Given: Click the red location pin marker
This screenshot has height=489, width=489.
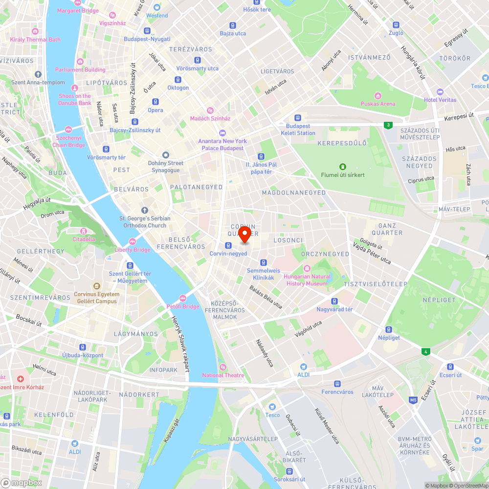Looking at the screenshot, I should pyautogui.click(x=244, y=233).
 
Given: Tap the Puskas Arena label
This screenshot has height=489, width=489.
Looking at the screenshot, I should pyautogui.click(x=378, y=104).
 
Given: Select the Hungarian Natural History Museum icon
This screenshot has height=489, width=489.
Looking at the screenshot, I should pyautogui.click(x=307, y=268).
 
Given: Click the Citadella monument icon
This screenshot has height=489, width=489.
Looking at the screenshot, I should pyautogui.click(x=84, y=231).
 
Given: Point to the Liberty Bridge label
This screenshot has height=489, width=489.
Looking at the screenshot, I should pyautogui.click(x=133, y=250).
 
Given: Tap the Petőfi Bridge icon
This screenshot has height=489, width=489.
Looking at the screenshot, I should pyautogui.click(x=183, y=298).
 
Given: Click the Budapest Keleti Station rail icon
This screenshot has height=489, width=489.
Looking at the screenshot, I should pyautogui.click(x=297, y=118).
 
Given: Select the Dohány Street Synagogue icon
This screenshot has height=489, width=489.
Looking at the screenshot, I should pyautogui.click(x=165, y=155).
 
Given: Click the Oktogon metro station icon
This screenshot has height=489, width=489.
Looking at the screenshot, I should pyautogui.click(x=178, y=80).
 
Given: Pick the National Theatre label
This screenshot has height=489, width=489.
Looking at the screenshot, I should pyautogui.click(x=223, y=375).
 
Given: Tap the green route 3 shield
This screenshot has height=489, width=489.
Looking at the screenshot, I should pyautogui.click(x=388, y=125).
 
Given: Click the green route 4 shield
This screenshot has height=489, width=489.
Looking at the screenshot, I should pyautogui.click(x=426, y=352).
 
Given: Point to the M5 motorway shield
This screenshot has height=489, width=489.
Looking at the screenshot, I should pyautogui.click(x=414, y=400).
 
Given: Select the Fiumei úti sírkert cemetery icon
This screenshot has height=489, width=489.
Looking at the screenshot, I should pyautogui.click(x=343, y=167).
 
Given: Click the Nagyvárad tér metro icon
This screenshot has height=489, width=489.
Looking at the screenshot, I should pyautogui.click(x=334, y=301).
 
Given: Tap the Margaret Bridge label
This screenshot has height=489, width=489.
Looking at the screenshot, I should pyautogui.click(x=78, y=11).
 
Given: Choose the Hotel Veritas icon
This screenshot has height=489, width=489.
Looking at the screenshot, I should pyautogui.click(x=440, y=91).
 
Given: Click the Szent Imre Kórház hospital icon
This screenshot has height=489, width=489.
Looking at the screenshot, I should pyautogui.click(x=20, y=379).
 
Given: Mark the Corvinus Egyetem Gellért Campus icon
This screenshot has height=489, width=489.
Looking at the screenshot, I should pyautogui.click(x=96, y=286).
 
